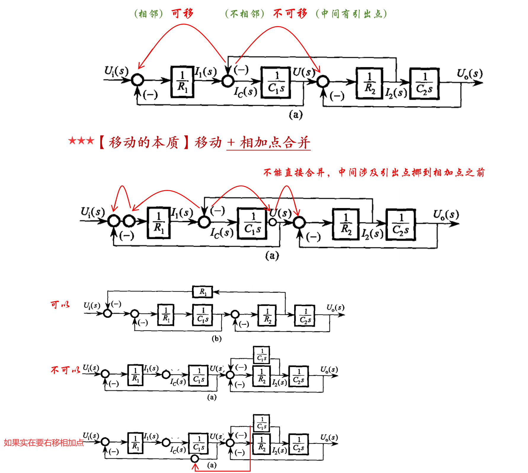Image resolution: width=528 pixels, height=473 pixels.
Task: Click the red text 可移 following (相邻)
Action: [182, 13]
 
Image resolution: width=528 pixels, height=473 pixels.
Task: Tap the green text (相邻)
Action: [148, 14]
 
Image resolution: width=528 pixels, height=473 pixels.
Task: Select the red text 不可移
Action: [290, 13]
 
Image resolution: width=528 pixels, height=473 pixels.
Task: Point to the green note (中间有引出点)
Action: [351, 14]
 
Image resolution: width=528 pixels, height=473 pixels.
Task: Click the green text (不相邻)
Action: [245, 14]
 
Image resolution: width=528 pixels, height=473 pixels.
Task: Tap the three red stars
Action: [81, 141]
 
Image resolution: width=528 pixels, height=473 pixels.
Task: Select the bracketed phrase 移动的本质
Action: [144, 142]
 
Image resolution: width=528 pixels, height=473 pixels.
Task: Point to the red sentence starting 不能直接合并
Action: [374, 172]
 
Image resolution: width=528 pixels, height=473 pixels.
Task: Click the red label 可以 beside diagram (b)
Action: [60, 305]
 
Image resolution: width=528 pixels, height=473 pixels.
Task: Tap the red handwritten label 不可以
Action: [65, 370]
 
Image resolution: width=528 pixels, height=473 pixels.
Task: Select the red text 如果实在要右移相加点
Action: [44, 443]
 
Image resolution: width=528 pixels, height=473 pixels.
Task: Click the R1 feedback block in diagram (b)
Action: [203, 292]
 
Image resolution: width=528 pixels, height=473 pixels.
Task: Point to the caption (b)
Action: [217, 339]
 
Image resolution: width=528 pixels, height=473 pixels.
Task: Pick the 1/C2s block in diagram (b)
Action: [305, 315]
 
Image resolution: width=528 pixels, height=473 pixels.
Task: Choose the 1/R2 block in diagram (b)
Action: [267, 315]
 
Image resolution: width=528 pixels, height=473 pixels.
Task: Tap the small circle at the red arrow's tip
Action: [195, 458]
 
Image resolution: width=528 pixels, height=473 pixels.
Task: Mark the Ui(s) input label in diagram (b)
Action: [92, 305]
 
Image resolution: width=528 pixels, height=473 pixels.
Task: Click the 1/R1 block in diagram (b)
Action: [166, 315]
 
